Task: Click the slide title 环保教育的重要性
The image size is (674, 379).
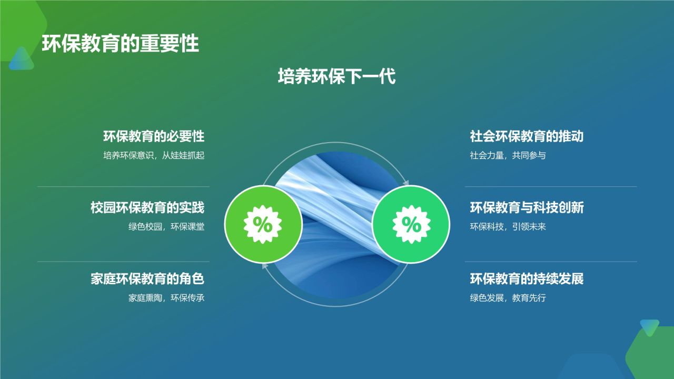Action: tap(121, 44)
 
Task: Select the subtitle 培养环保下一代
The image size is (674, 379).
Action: tap(336, 77)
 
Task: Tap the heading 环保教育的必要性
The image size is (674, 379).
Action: tap(153, 137)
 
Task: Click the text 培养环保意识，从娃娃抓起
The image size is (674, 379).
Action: tap(153, 156)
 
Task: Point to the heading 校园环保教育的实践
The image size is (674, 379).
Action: tap(147, 208)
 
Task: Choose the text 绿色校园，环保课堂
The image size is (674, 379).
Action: tap(166, 227)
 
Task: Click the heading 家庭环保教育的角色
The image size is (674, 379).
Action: tap(147, 279)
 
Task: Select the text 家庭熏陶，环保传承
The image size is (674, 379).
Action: tap(166, 298)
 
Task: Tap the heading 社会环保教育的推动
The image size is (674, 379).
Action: tap(527, 137)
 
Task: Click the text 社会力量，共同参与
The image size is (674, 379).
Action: tap(508, 156)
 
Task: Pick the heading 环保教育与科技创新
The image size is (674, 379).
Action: tap(527, 208)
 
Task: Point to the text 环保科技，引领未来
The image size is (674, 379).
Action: tap(508, 227)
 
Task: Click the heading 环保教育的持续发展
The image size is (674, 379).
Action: tap(527, 279)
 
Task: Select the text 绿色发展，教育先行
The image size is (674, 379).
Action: tap(508, 298)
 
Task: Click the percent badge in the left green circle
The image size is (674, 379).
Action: tap(263, 224)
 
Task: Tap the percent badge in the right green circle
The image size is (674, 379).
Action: tap(411, 224)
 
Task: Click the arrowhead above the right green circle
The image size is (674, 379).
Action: tap(405, 182)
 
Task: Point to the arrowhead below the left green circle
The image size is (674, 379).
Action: tap(265, 267)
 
